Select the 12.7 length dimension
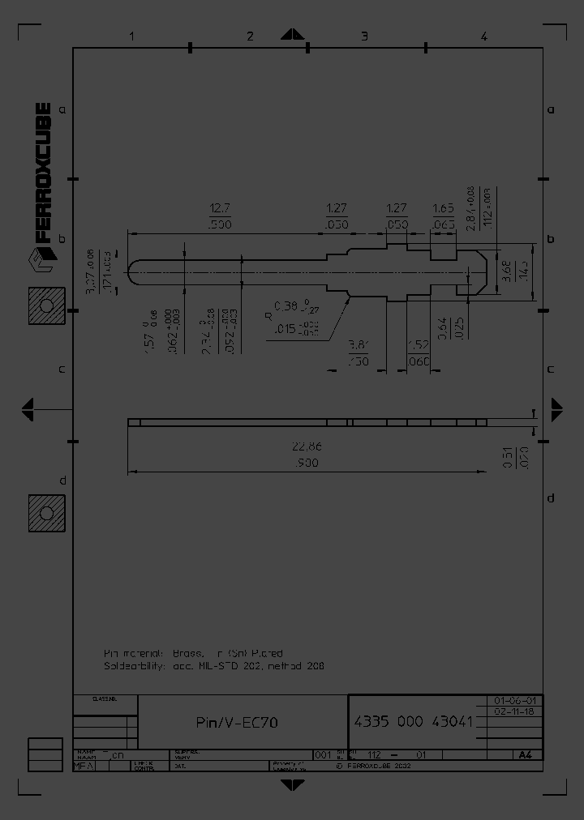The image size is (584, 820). pos(221,207)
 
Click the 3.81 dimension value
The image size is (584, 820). pos(358,345)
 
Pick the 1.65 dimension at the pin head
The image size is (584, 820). pos(442,207)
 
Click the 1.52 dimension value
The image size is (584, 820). pos(417,345)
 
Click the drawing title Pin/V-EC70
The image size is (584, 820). pos(237,722)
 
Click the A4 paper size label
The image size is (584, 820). pos(525,754)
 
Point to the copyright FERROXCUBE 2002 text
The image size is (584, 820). pos(373,764)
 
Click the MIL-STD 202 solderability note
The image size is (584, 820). pos(214,666)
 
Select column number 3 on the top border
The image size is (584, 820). pos(364,36)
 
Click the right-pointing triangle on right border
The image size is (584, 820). pos(557,409)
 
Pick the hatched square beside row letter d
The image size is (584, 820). pos(45,513)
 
